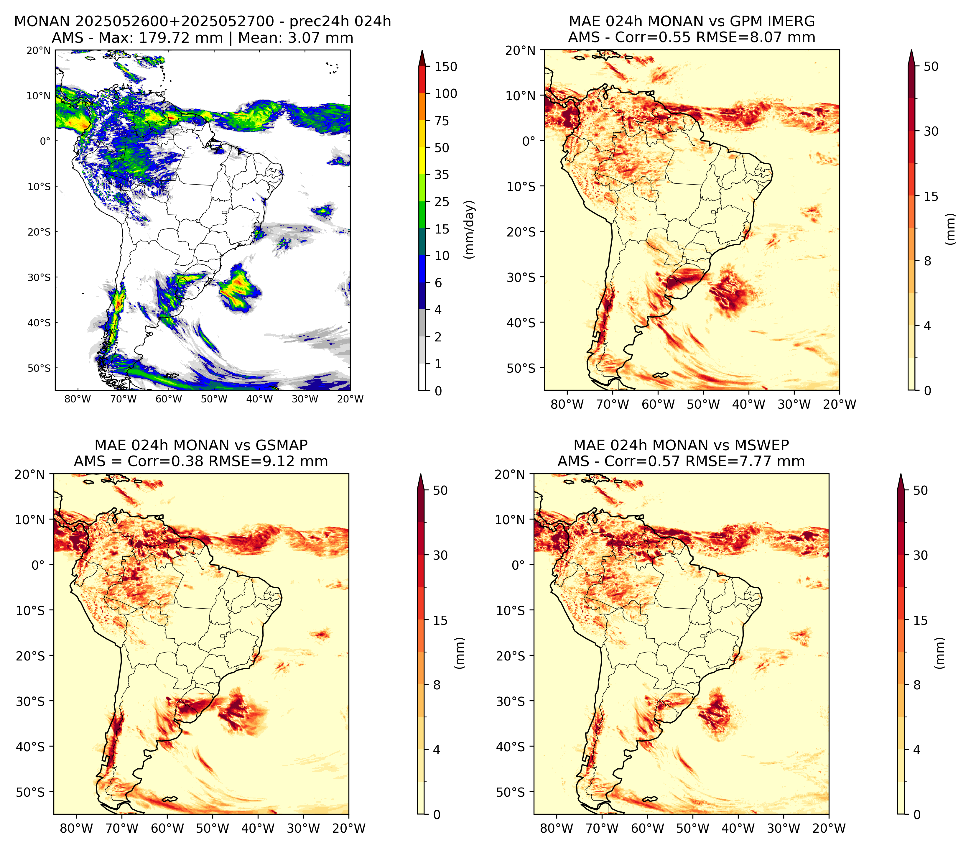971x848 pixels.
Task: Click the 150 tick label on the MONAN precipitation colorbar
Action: [446, 67]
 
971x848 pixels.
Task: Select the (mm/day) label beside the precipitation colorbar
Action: [469, 229]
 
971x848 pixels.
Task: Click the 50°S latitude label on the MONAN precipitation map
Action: [39, 368]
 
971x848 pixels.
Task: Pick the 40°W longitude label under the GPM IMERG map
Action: [749, 404]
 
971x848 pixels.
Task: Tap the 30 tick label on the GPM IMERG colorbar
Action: [931, 131]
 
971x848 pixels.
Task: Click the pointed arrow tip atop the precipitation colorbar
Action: [422, 51]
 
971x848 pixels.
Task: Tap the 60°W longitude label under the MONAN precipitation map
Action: [169, 399]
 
